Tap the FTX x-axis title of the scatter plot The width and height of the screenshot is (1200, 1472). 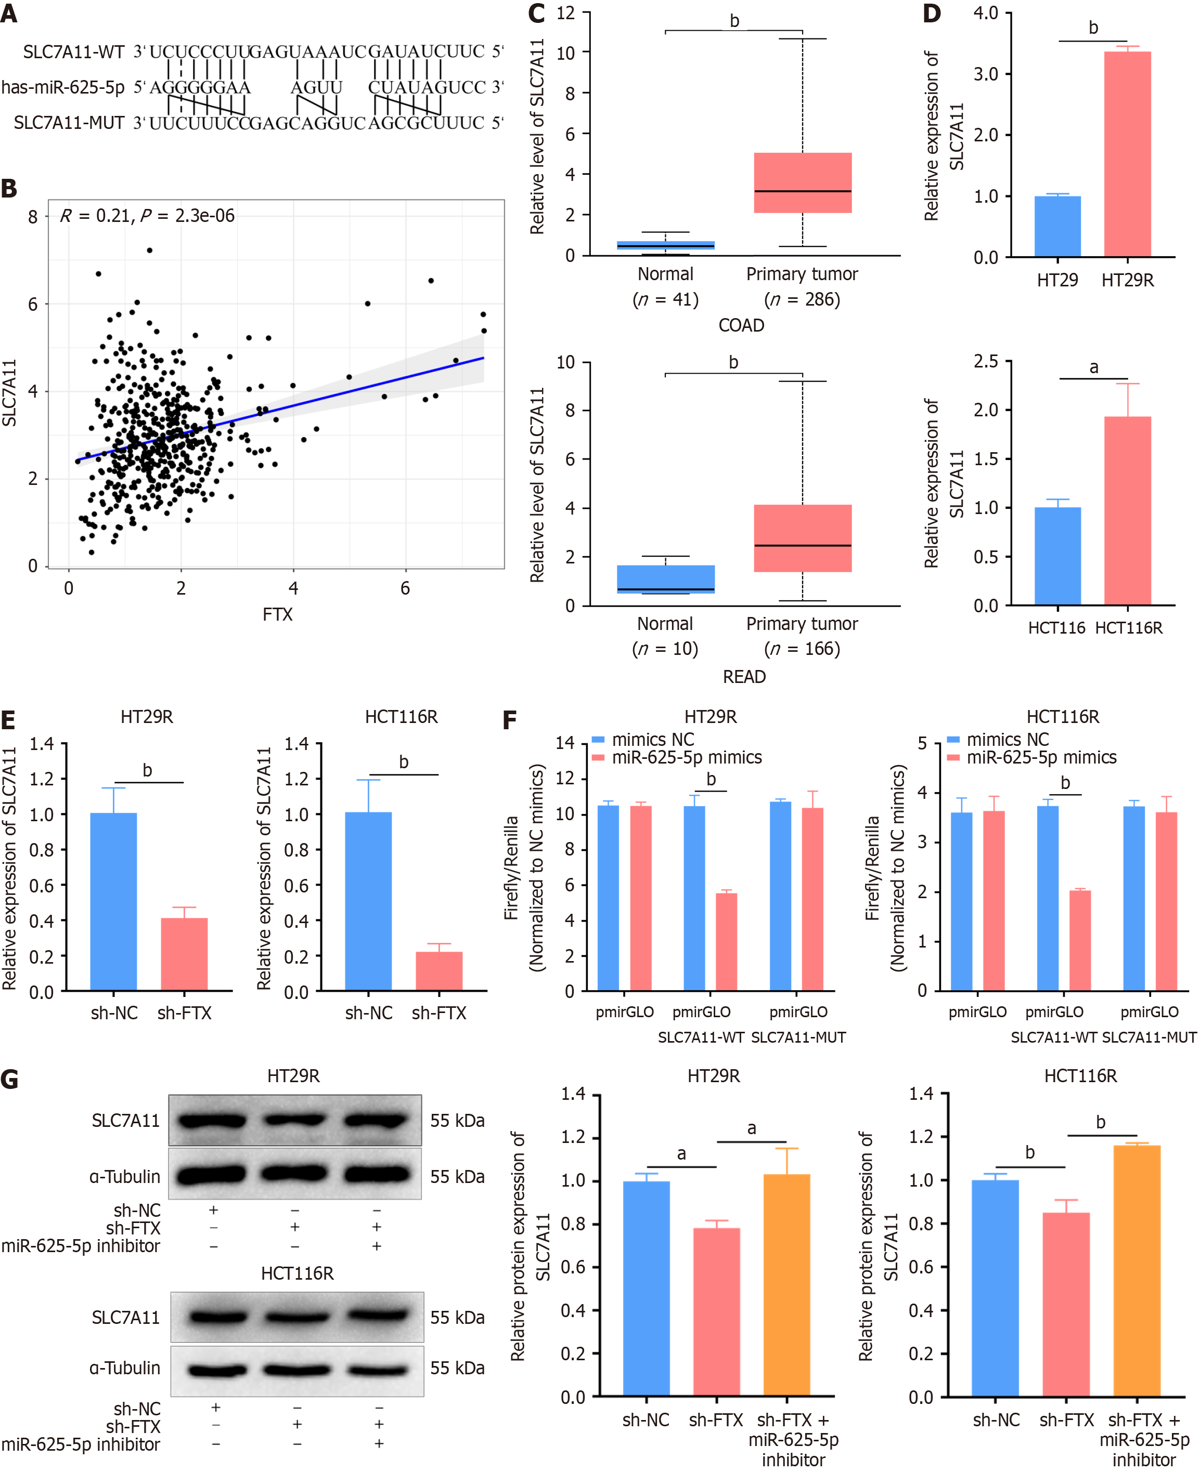click(277, 614)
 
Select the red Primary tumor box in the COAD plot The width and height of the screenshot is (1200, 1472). click(802, 182)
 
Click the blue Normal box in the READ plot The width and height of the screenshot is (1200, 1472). click(665, 579)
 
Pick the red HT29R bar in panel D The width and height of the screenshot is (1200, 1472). click(1127, 154)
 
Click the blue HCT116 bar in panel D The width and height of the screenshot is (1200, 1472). click(1057, 556)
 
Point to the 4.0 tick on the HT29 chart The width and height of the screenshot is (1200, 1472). click(985, 13)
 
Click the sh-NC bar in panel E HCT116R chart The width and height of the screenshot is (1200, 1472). click(368, 901)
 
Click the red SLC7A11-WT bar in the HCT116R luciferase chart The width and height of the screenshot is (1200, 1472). click(1080, 940)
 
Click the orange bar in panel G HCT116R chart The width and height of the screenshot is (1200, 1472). click(1137, 1270)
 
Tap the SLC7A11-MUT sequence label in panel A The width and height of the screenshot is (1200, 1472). click(69, 123)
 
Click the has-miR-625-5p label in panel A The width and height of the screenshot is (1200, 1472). click(63, 88)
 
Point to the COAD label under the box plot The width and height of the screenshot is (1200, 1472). click(741, 325)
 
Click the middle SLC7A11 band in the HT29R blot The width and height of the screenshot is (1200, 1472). click(294, 1120)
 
